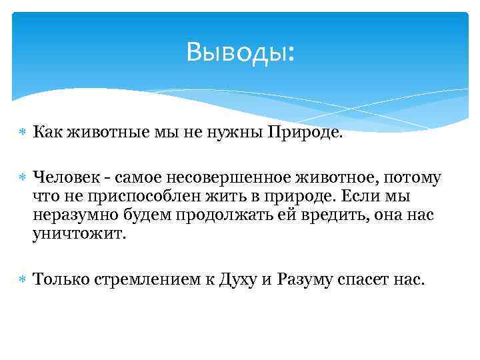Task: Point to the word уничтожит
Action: coord(78,235)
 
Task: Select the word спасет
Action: coord(377,279)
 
